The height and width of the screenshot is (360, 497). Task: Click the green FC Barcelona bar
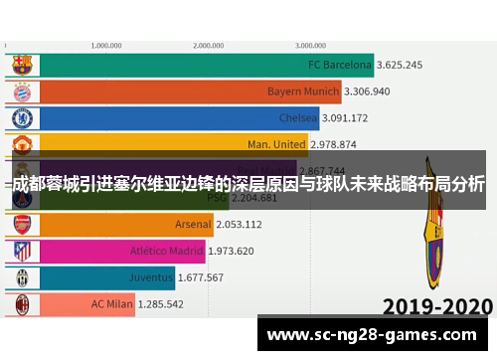click(189, 66)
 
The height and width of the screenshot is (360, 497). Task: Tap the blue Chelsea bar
click(164, 118)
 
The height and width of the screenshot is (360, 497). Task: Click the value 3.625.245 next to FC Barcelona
click(400, 66)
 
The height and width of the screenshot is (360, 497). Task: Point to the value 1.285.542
click(160, 303)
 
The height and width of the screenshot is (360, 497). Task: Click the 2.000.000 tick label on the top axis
click(208, 45)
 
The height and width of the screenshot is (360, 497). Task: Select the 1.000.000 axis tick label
click(105, 45)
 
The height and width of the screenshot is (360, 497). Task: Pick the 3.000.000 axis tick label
click(311, 45)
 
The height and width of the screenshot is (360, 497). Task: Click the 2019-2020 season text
click(437, 305)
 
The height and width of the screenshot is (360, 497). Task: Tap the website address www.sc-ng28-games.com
click(374, 334)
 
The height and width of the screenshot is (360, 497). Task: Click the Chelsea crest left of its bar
click(22, 118)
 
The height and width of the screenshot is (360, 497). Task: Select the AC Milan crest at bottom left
click(22, 303)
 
